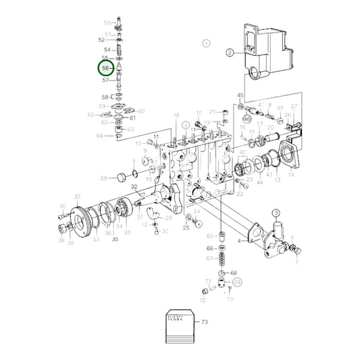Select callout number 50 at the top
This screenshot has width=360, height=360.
106,23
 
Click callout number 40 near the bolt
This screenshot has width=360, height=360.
62,207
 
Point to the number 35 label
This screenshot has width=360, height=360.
115,239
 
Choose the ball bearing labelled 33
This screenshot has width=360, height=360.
124,211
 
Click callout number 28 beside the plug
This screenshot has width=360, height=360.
103,178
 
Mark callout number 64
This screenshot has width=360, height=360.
99,136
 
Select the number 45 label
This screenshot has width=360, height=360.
240,96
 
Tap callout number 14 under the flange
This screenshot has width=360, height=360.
291,174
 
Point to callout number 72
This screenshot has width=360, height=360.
203,298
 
